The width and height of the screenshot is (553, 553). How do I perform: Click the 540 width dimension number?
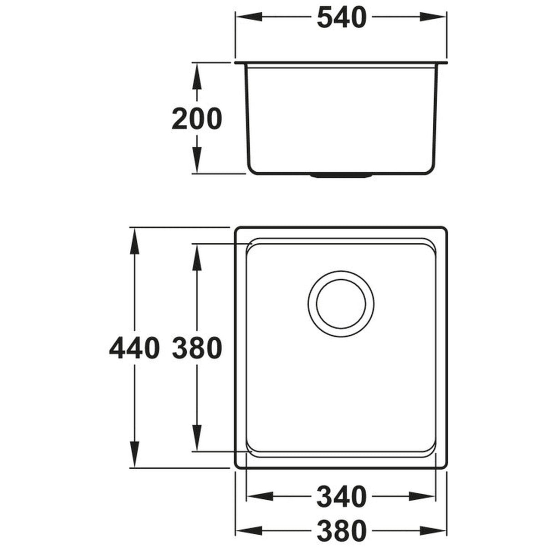[x=341, y=18]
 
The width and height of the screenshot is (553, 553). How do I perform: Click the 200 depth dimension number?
[x=196, y=119]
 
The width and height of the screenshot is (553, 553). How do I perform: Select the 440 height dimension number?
[x=134, y=348]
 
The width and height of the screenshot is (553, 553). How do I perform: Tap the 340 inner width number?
[x=341, y=497]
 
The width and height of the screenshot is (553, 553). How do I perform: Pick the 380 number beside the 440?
[x=196, y=348]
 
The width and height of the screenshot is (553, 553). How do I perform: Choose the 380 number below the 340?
[x=341, y=530]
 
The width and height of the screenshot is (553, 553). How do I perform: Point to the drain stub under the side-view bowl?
[x=341, y=175]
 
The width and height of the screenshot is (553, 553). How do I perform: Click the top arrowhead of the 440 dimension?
[x=134, y=241]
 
